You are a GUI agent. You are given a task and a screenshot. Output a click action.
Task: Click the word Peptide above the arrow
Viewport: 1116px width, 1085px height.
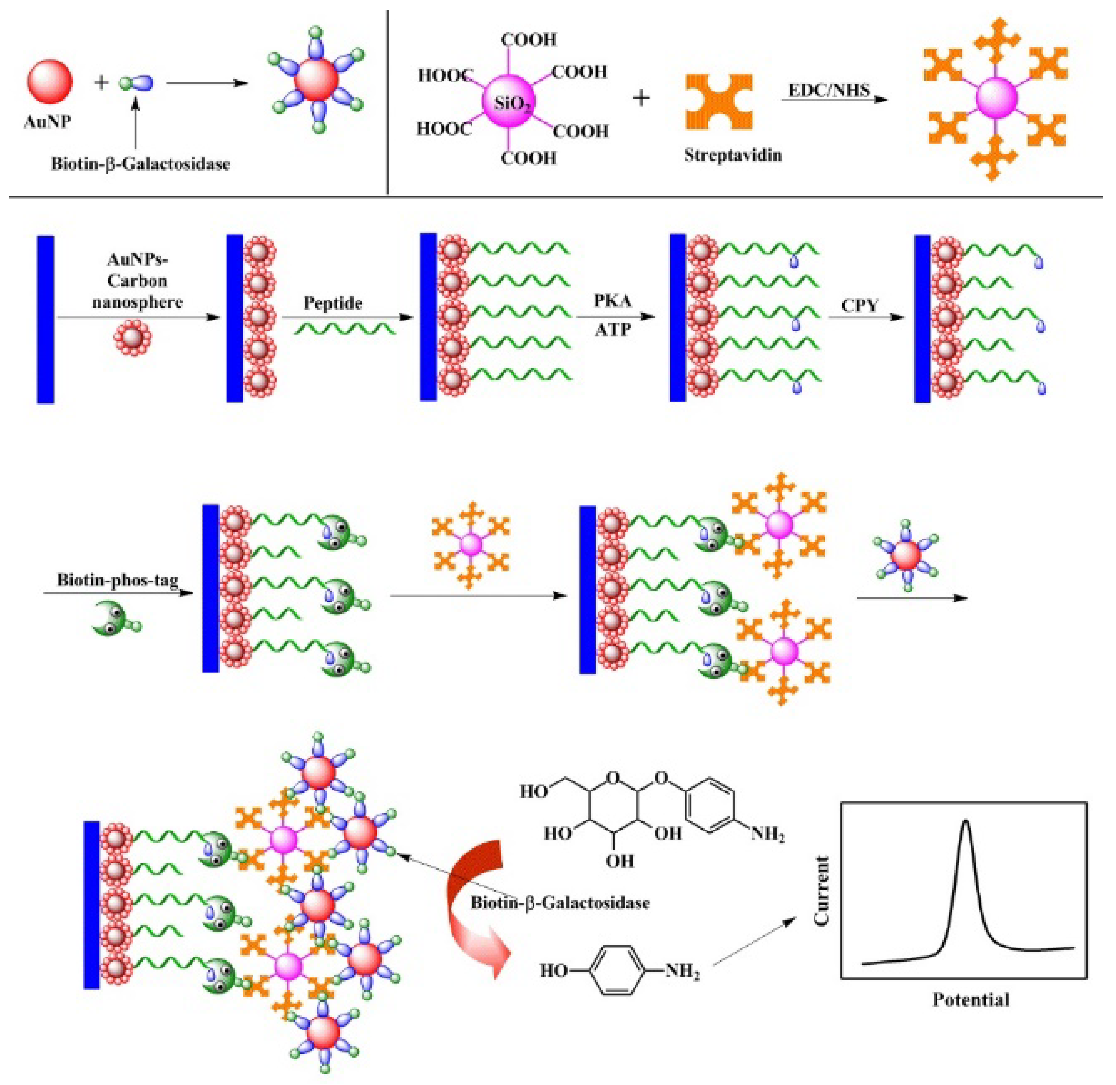(x=333, y=303)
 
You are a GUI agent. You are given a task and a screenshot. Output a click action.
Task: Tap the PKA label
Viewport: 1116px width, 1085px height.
(x=612, y=300)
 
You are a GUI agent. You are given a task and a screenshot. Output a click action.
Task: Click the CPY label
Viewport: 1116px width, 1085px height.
(x=860, y=305)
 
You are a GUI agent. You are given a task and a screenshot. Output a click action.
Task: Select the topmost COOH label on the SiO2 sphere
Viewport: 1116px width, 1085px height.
(x=528, y=40)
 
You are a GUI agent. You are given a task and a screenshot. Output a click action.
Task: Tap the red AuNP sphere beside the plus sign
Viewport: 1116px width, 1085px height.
(x=50, y=82)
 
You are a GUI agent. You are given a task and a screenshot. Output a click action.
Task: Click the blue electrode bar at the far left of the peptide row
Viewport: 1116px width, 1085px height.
(x=46, y=320)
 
